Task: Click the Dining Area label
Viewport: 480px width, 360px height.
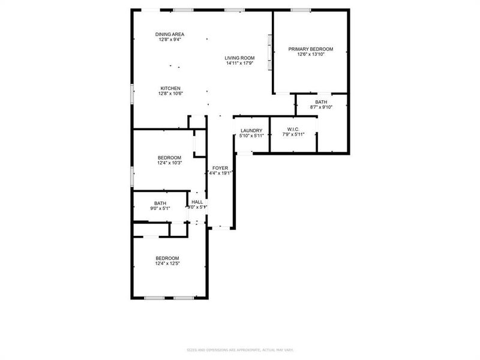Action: (170, 34)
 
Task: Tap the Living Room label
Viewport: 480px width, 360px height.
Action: (239, 58)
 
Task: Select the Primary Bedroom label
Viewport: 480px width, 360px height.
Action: (310, 49)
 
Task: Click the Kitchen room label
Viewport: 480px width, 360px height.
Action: (170, 88)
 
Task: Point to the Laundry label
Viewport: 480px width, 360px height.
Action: (251, 130)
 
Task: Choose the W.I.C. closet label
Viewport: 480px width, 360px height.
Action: (293, 129)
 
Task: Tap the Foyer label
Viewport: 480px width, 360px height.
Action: (220, 168)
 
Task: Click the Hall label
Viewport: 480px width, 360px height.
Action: (197, 202)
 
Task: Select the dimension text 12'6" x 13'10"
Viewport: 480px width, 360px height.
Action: (310, 55)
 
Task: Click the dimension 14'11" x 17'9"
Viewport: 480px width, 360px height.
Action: (239, 63)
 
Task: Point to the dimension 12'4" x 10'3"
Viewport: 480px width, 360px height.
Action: (169, 163)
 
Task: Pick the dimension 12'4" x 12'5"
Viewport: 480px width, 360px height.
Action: (168, 263)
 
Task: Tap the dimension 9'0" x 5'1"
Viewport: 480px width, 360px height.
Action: (160, 208)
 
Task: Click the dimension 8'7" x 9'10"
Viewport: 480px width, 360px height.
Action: (321, 107)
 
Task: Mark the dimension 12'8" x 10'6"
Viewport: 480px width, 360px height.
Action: (170, 94)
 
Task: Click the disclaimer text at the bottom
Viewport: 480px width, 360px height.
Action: (239, 350)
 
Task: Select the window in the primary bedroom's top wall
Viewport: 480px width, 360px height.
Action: (301, 10)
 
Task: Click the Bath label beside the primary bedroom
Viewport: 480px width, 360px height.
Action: (321, 102)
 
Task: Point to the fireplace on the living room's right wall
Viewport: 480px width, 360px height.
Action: (270, 52)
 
